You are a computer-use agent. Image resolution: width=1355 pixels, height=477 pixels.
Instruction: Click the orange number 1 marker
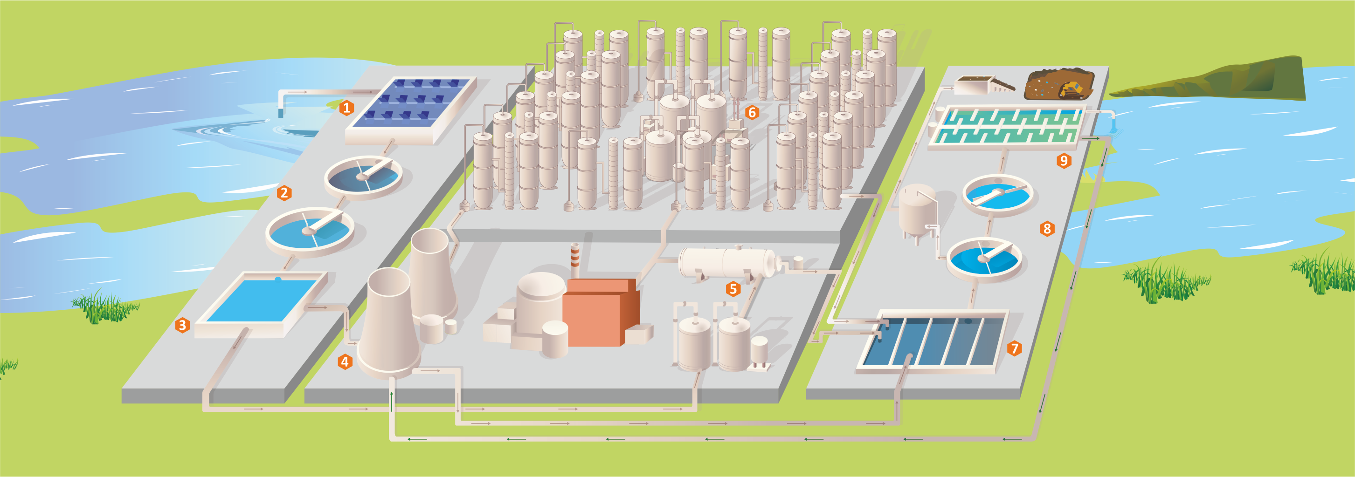point(346,108)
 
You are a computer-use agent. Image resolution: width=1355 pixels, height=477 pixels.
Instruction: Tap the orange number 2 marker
point(284,193)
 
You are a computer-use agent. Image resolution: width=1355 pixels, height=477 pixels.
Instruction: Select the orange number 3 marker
point(182,325)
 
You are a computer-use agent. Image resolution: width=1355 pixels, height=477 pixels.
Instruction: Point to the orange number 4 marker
point(345,361)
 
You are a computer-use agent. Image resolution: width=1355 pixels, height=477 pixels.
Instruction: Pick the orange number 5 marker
point(733,288)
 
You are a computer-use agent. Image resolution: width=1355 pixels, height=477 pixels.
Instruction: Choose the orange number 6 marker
point(752,112)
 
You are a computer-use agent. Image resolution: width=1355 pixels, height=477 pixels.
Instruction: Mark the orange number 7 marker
point(1014,348)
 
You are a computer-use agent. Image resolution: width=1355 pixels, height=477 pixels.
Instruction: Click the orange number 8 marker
point(1047,229)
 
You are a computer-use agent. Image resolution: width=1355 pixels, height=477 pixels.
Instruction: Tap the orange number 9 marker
point(1064,160)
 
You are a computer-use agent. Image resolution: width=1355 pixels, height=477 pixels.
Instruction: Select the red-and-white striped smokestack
point(574,260)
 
